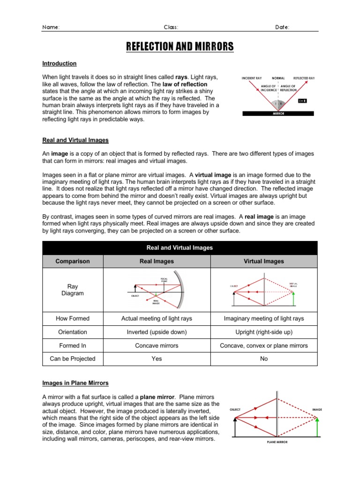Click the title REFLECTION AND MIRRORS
coord(180,47)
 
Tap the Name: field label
coord(51,27)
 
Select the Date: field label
coord(282,27)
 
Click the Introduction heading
coord(60,63)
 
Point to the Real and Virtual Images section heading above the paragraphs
coord(75,140)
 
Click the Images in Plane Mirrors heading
coord(75,383)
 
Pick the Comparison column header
coord(73,261)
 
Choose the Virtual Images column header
coord(264,261)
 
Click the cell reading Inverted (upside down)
coord(157,332)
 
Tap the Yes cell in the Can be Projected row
coord(157,359)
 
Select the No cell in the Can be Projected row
coord(264,359)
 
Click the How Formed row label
coord(73,318)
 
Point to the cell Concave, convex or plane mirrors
coord(264,345)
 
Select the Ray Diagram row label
coord(73,290)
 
